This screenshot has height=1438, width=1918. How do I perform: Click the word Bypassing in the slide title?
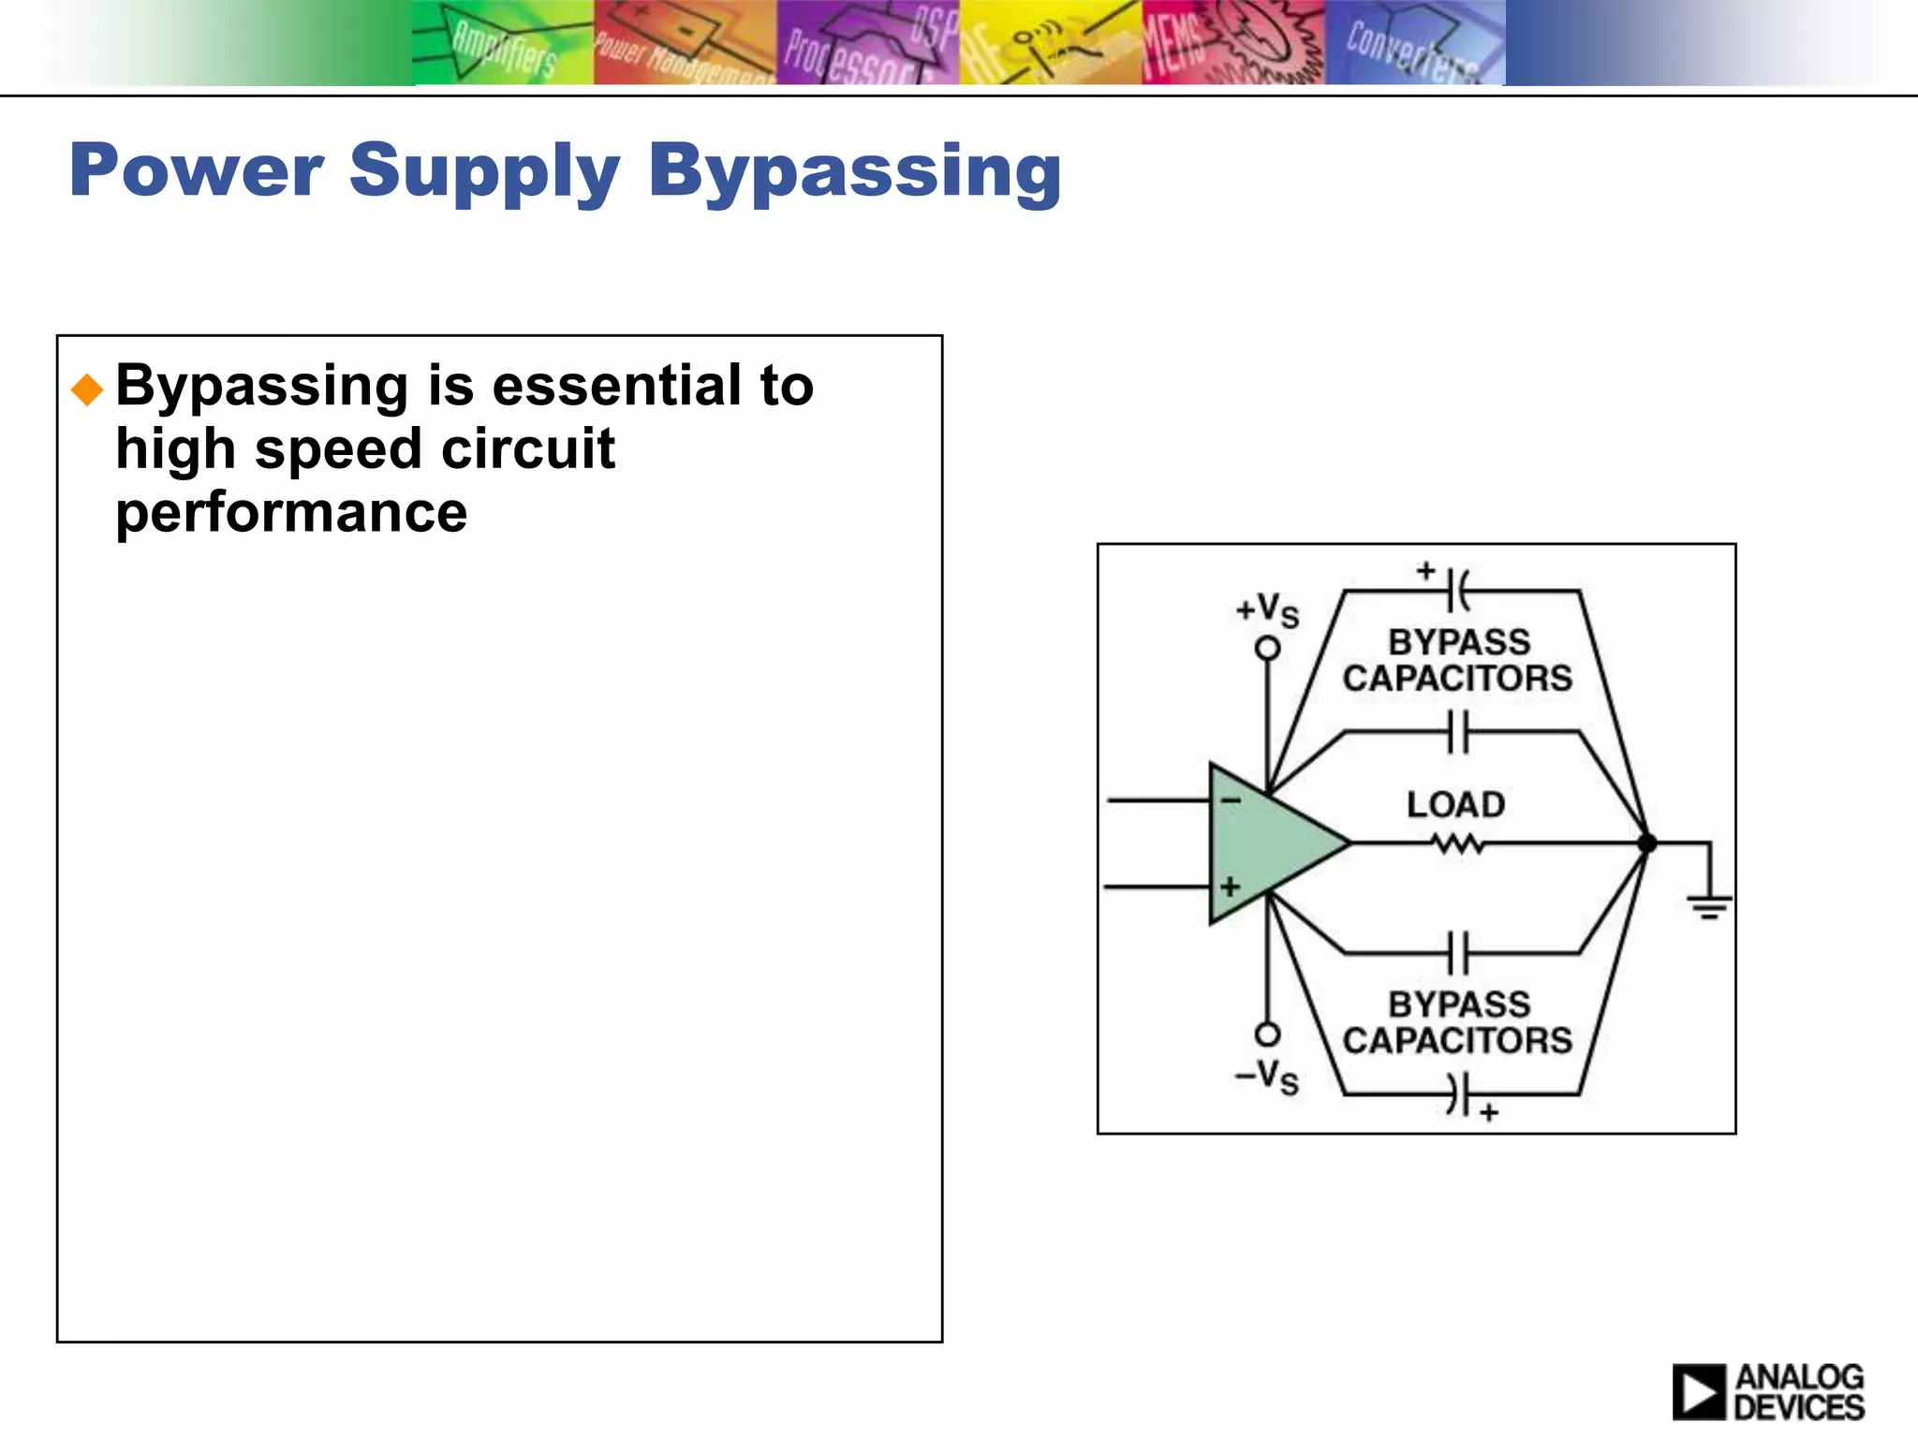(x=854, y=171)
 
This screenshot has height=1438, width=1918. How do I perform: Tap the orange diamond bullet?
(x=87, y=389)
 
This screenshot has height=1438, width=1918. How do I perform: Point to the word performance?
(x=291, y=512)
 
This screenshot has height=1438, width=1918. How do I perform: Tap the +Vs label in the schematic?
(x=1267, y=610)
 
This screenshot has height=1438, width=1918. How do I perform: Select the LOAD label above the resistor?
(x=1455, y=804)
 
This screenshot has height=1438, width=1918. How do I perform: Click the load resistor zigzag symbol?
(x=1457, y=844)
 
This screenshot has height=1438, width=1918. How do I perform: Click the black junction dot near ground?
(x=1646, y=844)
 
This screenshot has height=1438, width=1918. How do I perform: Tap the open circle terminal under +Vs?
(x=1267, y=648)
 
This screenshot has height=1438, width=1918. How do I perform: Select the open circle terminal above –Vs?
(x=1267, y=1034)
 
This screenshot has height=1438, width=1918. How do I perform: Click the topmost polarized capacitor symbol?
(x=1457, y=591)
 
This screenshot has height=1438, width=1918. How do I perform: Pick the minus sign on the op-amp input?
(x=1231, y=800)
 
